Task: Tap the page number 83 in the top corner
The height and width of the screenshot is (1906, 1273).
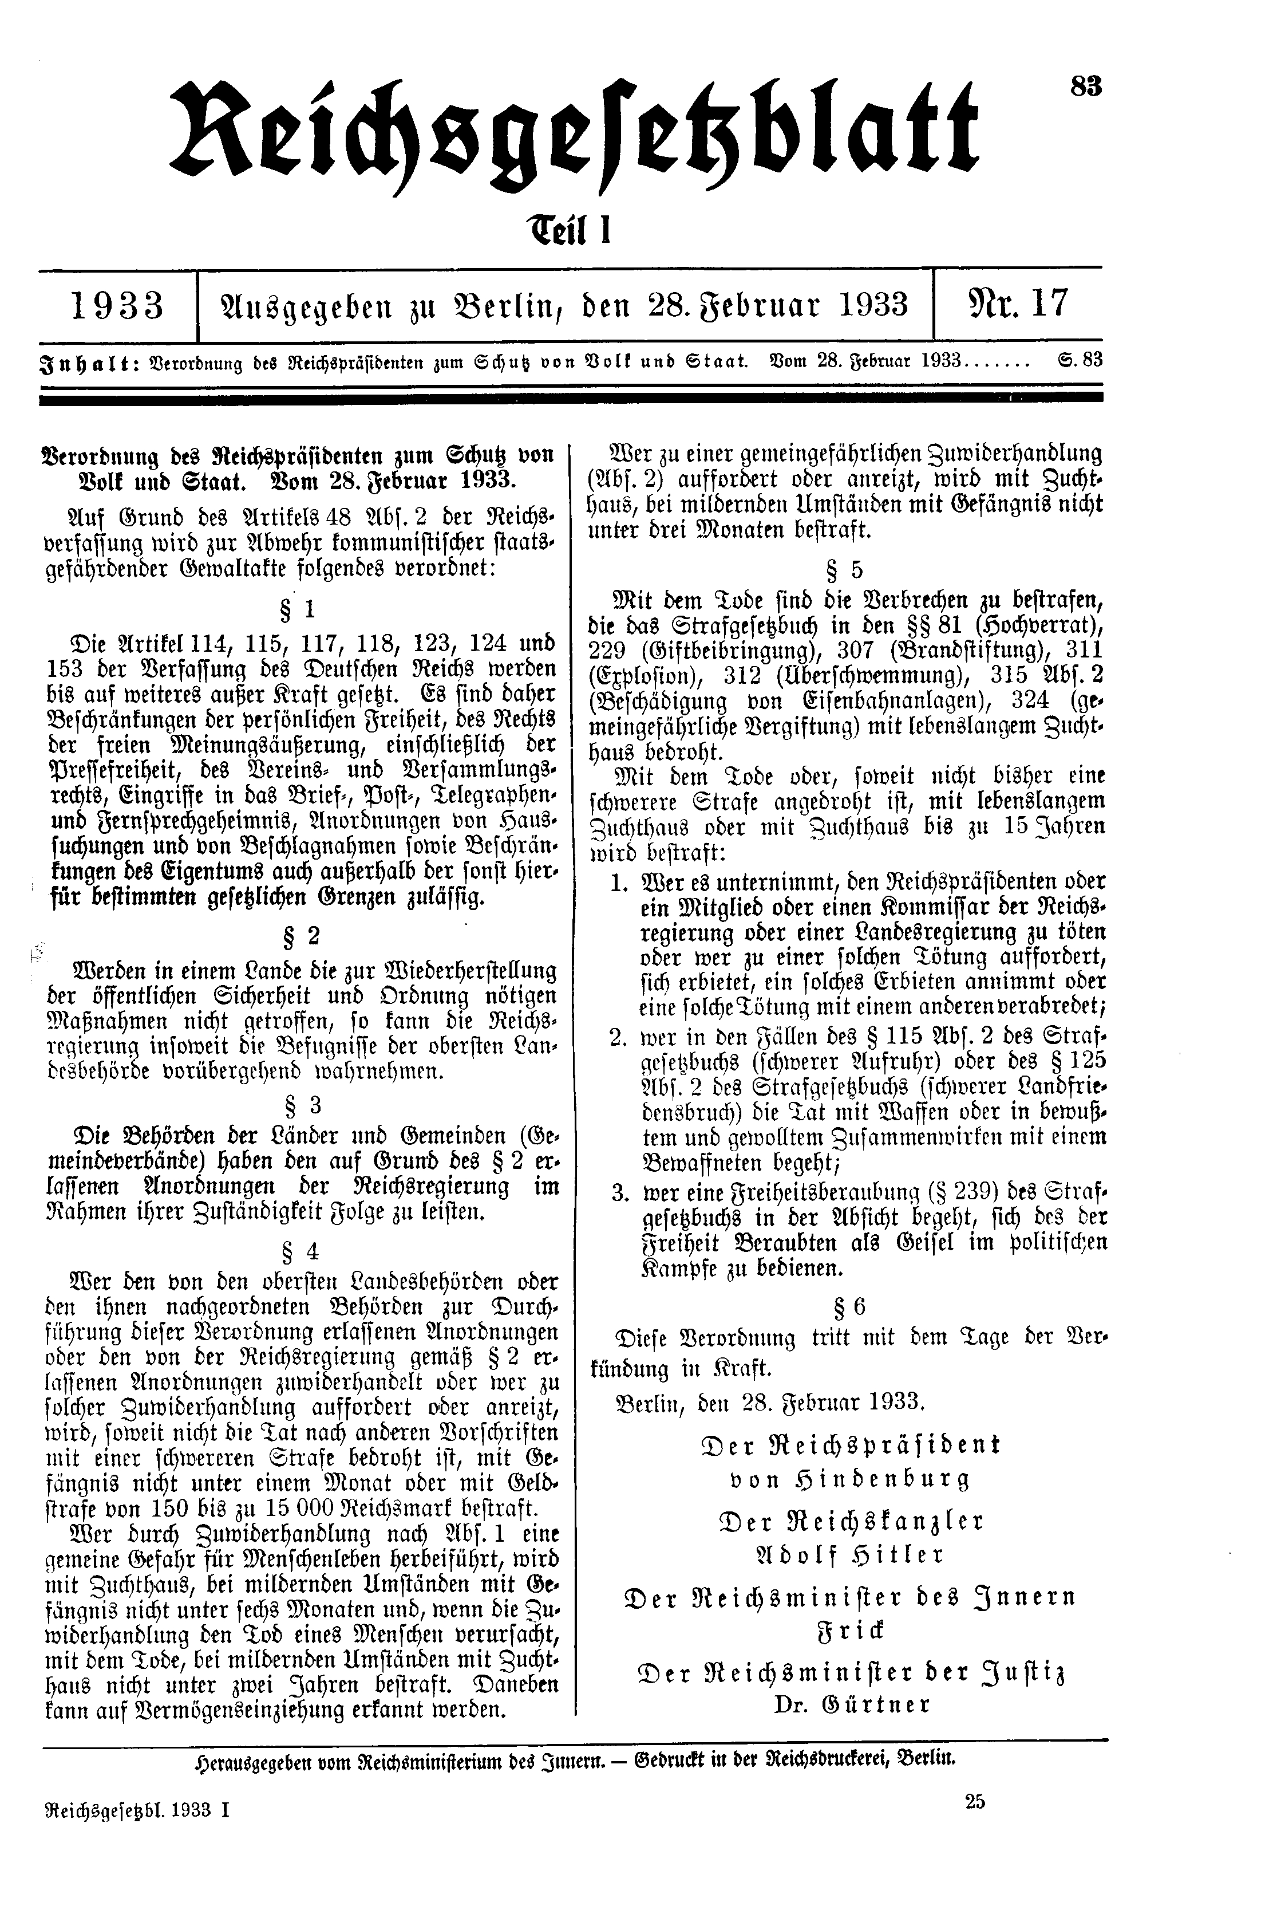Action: click(x=1085, y=86)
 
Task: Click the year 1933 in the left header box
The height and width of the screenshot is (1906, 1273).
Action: click(x=118, y=307)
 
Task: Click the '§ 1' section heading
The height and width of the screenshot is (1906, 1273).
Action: click(x=301, y=609)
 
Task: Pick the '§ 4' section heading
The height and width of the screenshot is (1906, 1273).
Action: click(x=301, y=1247)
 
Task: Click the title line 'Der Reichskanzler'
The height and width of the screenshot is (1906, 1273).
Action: click(x=850, y=1520)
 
